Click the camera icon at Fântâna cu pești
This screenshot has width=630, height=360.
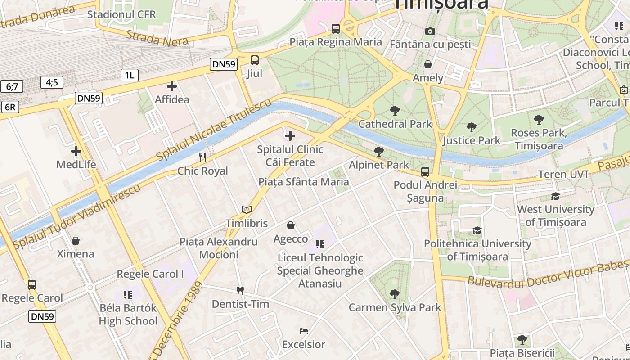[430, 31]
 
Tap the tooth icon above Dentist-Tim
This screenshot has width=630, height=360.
[240, 291]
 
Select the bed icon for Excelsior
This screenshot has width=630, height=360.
[304, 331]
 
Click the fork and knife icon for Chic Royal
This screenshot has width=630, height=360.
[202, 157]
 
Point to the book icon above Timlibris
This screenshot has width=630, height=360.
[246, 210]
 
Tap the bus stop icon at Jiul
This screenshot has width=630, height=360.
[255, 60]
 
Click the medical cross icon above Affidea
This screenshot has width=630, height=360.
[172, 86]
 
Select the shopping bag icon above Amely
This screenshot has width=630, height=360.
[428, 64]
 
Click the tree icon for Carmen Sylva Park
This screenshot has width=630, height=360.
[395, 294]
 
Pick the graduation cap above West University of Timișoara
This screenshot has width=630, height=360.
[555, 196]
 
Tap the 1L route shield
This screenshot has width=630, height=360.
[129, 75]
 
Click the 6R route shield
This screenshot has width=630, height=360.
[10, 107]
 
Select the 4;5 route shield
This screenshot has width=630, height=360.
[52, 82]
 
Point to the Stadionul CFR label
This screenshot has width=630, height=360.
[121, 14]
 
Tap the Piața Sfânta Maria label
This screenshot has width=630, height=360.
[304, 182]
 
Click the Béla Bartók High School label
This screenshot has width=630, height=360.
[128, 315]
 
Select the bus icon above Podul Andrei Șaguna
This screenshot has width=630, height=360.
[425, 171]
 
